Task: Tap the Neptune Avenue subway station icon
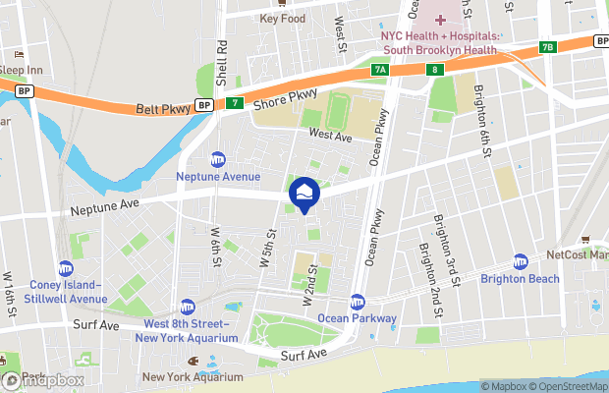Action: [218, 159]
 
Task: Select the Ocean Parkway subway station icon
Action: [358, 302]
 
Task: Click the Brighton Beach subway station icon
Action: [521, 262]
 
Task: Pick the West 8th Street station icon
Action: [188, 307]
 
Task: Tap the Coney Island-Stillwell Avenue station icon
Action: [66, 268]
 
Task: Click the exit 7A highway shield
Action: [380, 70]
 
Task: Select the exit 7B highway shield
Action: [548, 46]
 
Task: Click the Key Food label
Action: [283, 18]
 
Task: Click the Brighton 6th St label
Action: [482, 120]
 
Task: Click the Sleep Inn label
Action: [21, 71]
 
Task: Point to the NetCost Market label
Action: [580, 254]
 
